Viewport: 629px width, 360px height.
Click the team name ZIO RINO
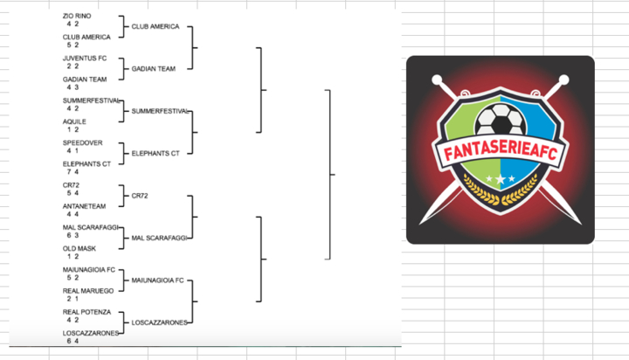(76, 16)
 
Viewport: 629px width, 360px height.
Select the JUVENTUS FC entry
(84, 58)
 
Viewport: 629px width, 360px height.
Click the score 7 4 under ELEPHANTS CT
(73, 172)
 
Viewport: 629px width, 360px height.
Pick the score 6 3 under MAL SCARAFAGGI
(73, 235)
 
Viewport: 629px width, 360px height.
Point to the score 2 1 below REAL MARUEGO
(73, 299)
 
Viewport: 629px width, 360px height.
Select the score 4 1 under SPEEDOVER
(73, 150)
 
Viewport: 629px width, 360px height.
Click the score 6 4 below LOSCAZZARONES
(73, 341)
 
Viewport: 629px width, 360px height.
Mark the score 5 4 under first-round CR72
(73, 193)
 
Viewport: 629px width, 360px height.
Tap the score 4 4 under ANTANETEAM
(73, 214)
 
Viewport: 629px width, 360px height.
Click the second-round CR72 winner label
(140, 196)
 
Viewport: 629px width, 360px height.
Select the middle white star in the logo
(500, 179)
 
